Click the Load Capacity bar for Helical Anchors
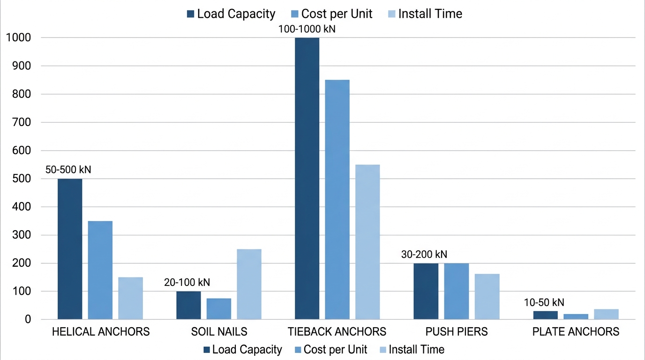pyautogui.click(x=70, y=248)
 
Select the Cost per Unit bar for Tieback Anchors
pyautogui.click(x=337, y=199)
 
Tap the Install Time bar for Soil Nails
pyautogui.click(x=249, y=284)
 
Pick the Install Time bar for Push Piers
pyautogui.click(x=487, y=296)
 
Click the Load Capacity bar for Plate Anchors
pyautogui.click(x=546, y=315)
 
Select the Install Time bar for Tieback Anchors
pyautogui.click(x=367, y=241)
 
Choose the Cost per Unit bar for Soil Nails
pyautogui.click(x=219, y=308)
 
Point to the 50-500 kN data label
pyautogui.click(x=68, y=170)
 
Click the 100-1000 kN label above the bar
pyautogui.click(x=307, y=29)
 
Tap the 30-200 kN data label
pyautogui.click(x=424, y=255)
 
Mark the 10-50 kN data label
pyautogui.click(x=544, y=302)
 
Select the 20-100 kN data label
pyautogui.click(x=187, y=282)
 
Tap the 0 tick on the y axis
pyautogui.click(x=28, y=319)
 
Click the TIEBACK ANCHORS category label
pyautogui.click(x=337, y=332)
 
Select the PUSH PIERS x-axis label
pyautogui.click(x=457, y=332)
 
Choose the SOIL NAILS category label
pyautogui.click(x=219, y=332)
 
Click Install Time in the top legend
pyautogui.click(x=430, y=14)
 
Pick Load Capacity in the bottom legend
pyautogui.click(x=247, y=350)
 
